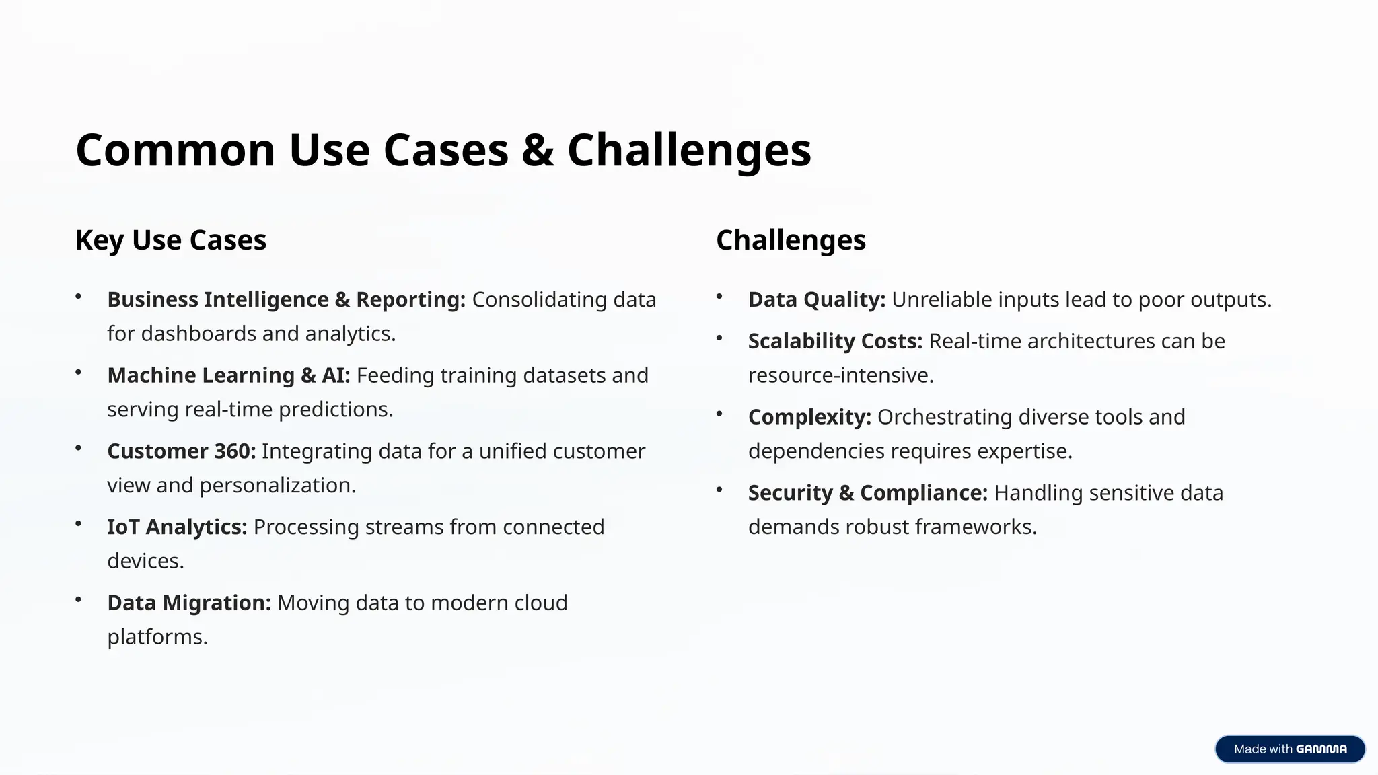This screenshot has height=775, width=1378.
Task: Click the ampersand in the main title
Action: (x=538, y=151)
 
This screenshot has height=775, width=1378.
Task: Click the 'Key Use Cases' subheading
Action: (x=171, y=240)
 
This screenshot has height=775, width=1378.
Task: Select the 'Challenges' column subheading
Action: (x=791, y=240)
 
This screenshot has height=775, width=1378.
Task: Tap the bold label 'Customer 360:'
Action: (x=182, y=451)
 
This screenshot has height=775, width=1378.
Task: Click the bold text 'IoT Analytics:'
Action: (x=177, y=527)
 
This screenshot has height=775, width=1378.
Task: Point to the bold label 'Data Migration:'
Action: (x=189, y=603)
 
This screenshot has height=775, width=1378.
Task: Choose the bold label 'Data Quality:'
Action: (x=817, y=300)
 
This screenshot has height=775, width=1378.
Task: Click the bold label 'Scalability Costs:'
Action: (x=835, y=342)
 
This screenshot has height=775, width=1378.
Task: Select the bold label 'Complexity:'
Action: (x=809, y=417)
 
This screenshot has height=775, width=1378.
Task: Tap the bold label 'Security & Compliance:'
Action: (x=868, y=493)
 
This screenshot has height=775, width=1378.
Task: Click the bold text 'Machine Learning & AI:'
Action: (x=229, y=375)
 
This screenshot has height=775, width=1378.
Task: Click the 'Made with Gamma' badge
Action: (x=1290, y=749)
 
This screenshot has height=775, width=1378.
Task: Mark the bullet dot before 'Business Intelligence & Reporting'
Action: (x=79, y=296)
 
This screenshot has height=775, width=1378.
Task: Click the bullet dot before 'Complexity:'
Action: (x=719, y=414)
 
